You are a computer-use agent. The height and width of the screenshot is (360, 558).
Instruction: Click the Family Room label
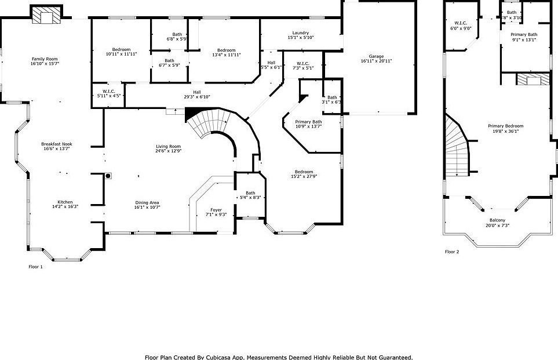(45, 59)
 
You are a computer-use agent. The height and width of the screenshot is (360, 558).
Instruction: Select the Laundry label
(300, 33)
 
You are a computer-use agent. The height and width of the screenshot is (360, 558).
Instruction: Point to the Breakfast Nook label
(56, 144)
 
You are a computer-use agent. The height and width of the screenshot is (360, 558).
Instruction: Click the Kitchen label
(65, 202)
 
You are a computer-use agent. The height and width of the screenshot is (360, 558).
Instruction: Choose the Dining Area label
(147, 202)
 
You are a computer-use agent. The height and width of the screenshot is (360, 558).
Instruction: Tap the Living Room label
(168, 146)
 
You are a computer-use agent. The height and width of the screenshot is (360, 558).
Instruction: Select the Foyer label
(216, 210)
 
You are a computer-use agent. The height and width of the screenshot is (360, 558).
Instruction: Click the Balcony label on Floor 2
(497, 220)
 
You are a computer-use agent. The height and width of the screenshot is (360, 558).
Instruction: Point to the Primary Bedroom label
(505, 126)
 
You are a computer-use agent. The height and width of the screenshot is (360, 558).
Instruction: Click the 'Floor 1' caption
(36, 267)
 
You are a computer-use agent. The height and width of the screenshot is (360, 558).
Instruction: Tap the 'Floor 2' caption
(452, 252)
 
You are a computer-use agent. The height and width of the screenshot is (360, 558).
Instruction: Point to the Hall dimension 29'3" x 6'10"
(197, 97)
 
